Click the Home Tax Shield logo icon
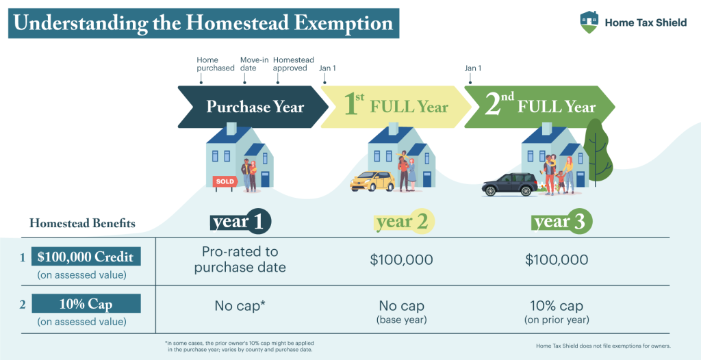[x=587, y=22]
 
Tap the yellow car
[x=372, y=181]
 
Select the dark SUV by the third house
[x=510, y=184]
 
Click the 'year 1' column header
[x=240, y=222]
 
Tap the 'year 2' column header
[x=403, y=222]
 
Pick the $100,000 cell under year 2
[x=403, y=260]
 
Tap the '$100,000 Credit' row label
[x=86, y=257]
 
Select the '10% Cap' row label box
[x=86, y=303]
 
